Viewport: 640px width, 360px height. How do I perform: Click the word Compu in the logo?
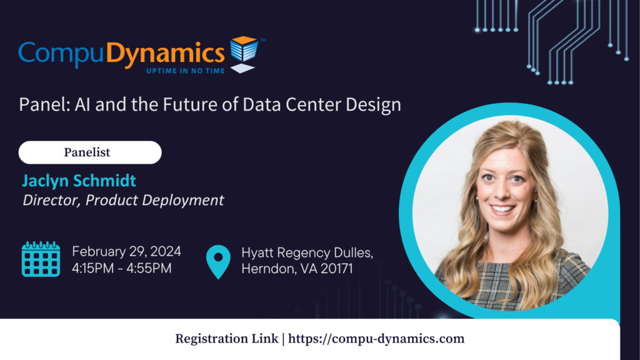coord(61,54)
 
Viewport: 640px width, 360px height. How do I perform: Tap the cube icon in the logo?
coord(244,54)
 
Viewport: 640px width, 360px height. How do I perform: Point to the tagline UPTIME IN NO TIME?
coord(185,71)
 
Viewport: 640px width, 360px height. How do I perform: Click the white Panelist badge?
coord(90,152)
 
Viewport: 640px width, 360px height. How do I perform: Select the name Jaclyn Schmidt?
coord(79,181)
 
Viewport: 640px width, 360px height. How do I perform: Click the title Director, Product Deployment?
coord(123,200)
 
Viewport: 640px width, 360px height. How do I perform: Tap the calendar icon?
coord(41,259)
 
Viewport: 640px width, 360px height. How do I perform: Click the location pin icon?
coord(218,262)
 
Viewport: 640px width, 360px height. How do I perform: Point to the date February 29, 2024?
coord(126,251)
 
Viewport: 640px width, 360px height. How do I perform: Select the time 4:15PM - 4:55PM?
coord(122,268)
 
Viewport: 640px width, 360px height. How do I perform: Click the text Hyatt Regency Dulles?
coord(307,252)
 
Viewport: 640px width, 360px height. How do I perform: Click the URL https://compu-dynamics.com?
coord(376,339)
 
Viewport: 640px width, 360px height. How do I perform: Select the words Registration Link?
coord(226,339)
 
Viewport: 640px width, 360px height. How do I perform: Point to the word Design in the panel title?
coord(374,105)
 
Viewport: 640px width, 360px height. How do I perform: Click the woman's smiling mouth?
coord(502,210)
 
